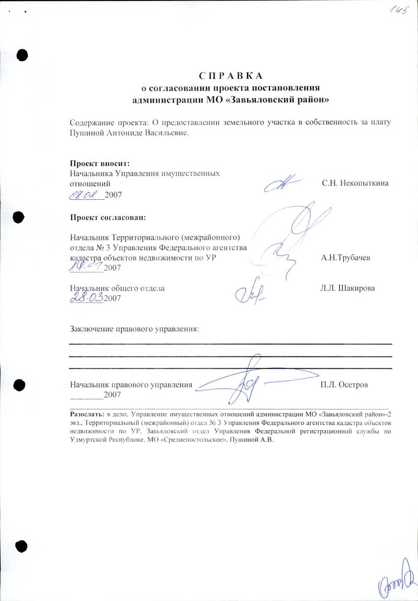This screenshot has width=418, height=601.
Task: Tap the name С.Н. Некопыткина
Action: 355,184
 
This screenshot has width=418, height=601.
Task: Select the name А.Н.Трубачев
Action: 347,258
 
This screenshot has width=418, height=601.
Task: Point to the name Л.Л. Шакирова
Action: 347,288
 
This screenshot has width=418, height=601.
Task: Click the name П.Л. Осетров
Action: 345,384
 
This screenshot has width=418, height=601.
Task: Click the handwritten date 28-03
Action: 87,297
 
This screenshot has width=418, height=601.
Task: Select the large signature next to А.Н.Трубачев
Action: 293,235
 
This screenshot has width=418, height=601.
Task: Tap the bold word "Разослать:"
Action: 87,412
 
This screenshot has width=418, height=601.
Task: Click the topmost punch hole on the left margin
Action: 22,54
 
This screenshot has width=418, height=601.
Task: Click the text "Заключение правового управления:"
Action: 135,329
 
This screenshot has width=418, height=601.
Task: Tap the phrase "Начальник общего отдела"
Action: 118,288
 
